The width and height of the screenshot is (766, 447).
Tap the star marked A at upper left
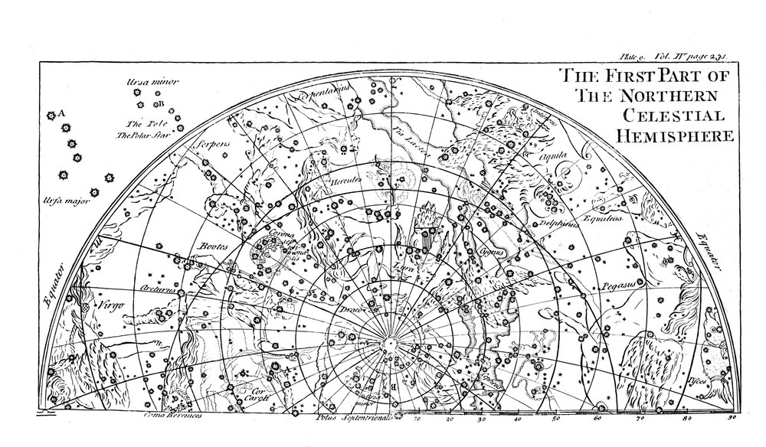coord(51,115)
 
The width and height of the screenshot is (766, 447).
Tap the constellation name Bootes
coord(209,247)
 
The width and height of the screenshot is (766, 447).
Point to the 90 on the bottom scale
coord(731,419)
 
